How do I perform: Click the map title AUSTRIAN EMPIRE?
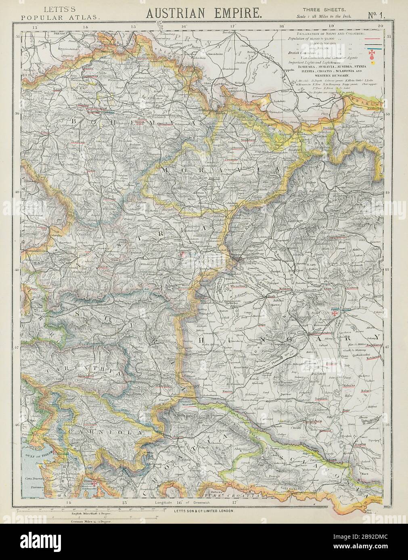pos(204,13)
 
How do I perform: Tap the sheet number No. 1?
pos(377,14)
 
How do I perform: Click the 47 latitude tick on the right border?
pos(387,346)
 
